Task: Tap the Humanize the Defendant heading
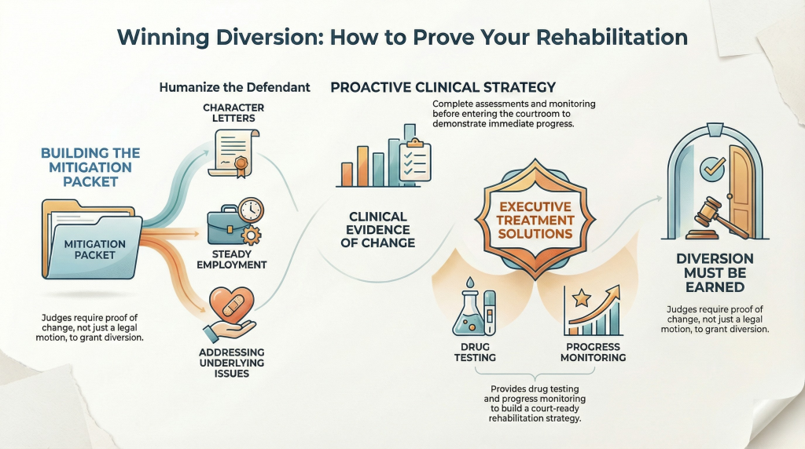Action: [234, 87]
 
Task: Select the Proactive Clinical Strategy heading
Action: [443, 87]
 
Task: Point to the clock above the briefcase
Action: [251, 210]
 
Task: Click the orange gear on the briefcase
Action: [251, 235]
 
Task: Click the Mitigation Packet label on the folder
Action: [95, 249]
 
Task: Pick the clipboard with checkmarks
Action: [415, 160]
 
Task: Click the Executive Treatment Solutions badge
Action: [535, 220]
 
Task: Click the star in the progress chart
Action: [582, 298]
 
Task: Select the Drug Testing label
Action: [475, 352]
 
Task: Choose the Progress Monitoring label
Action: [593, 352]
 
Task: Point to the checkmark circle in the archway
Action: [713, 169]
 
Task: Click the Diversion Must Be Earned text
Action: [715, 272]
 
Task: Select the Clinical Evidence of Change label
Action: [378, 230]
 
